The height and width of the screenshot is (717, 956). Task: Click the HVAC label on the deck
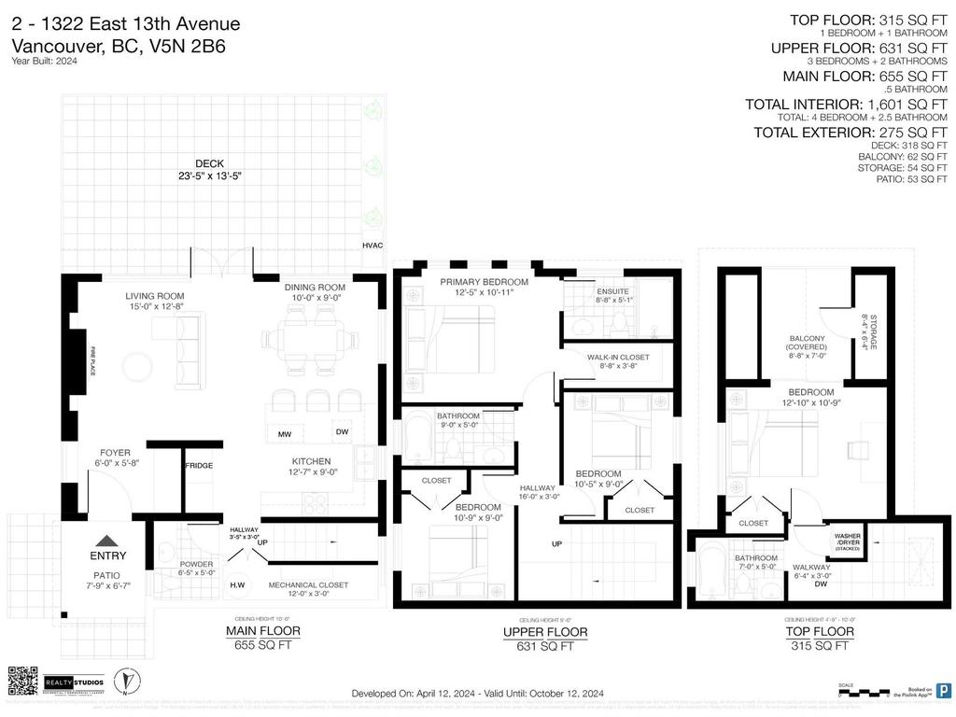click(x=373, y=245)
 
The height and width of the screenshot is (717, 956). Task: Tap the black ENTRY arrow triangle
click(x=108, y=541)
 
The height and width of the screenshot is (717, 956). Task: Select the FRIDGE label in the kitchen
click(x=198, y=466)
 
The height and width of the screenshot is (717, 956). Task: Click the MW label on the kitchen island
click(x=284, y=434)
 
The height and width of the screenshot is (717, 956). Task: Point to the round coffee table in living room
click(x=138, y=366)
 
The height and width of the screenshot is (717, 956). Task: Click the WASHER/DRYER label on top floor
click(x=847, y=541)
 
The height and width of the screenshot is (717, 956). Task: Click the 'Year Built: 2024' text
click(x=45, y=62)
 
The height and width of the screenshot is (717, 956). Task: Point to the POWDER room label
click(x=196, y=564)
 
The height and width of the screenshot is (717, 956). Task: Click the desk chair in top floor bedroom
click(x=855, y=449)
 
